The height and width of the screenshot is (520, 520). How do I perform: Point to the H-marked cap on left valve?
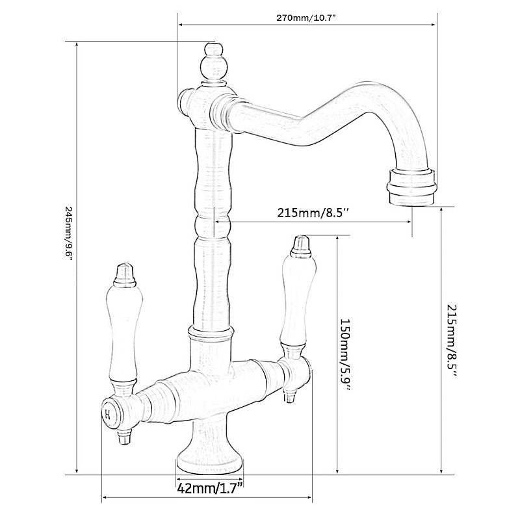[108, 411]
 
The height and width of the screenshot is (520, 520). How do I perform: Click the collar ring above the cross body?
[209, 334]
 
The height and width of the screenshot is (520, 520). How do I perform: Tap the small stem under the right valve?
[289, 394]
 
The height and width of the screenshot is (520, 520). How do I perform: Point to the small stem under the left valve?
[122, 437]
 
